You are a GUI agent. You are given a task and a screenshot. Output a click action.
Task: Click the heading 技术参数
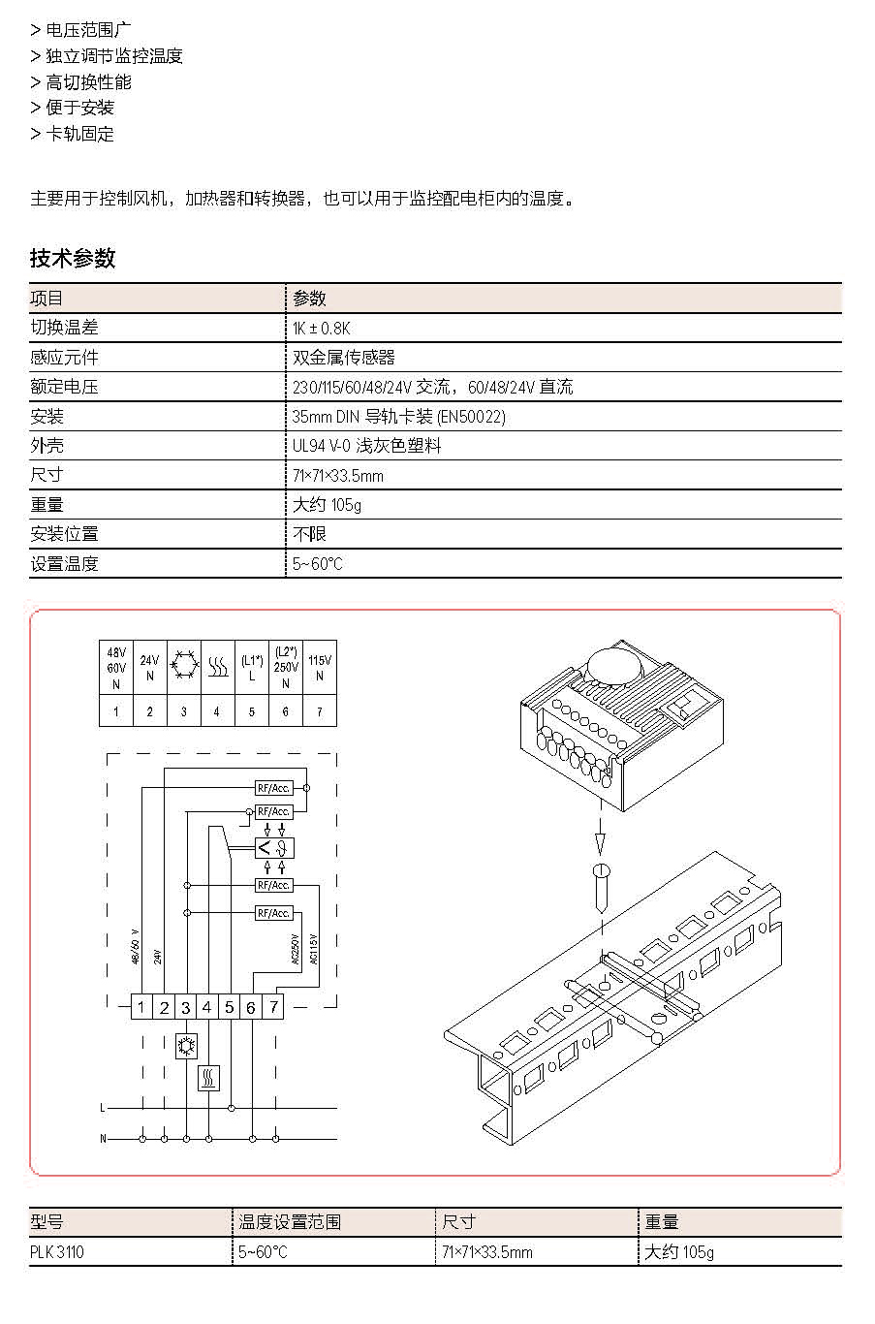[x=72, y=258]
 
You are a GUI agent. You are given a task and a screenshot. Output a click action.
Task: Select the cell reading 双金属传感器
[x=343, y=357]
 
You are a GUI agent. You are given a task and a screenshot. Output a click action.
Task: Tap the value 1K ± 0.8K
[x=321, y=328]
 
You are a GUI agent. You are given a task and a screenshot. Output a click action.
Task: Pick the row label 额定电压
[x=64, y=387]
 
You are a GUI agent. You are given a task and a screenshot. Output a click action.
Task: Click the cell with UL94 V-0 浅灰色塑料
[x=366, y=446]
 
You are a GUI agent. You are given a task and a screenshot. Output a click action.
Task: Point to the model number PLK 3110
[x=57, y=1252]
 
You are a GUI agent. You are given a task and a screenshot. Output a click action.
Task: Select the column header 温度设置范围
[x=290, y=1222]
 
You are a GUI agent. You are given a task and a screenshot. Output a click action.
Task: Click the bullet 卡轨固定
[x=79, y=134]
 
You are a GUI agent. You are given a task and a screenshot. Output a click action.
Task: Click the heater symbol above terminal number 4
[x=218, y=667]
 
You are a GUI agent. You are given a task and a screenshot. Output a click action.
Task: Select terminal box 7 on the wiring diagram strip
[x=273, y=1007]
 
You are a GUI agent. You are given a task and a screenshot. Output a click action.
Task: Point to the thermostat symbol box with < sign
[x=274, y=848]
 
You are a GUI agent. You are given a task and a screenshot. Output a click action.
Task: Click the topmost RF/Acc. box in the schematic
[x=273, y=788]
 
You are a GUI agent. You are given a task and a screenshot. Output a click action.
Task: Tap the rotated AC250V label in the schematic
[x=296, y=949]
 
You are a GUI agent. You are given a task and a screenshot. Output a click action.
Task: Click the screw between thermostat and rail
[x=601, y=889]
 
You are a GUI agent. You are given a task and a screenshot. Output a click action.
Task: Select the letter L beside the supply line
[x=102, y=1108]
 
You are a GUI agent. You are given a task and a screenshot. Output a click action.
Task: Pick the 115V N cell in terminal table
[x=320, y=667]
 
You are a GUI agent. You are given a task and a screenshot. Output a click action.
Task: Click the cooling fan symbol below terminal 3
[x=187, y=1046]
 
